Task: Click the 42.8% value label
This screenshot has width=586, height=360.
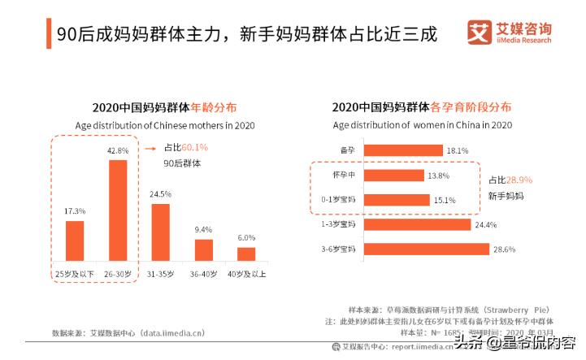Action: pyautogui.click(x=119, y=150)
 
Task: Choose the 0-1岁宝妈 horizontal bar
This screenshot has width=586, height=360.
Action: pyautogui.click(x=397, y=200)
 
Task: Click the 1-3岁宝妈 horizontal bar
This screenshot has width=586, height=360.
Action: pyautogui.click(x=417, y=224)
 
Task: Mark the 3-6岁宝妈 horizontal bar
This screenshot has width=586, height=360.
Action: pyautogui.click(x=426, y=249)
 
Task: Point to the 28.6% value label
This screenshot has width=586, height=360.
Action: pyautogui.click(x=504, y=249)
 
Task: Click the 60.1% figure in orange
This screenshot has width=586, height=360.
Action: pyautogui.click(x=195, y=148)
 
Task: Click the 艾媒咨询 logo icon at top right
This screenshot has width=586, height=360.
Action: pyautogui.click(x=480, y=33)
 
